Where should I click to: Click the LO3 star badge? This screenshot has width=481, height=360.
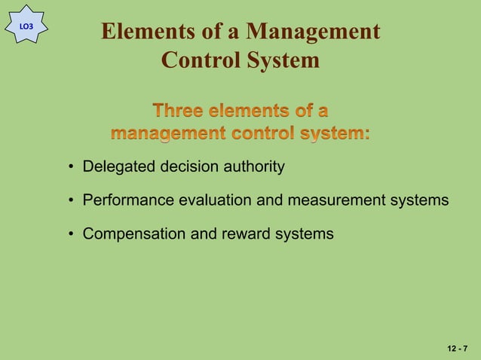coord(26,25)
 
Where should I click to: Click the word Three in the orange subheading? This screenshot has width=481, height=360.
coord(179,111)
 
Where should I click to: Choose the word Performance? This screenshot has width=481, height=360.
coord(128,200)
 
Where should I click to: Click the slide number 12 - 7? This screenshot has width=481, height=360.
coord(457,349)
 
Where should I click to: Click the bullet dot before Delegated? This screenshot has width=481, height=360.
coord(70,167)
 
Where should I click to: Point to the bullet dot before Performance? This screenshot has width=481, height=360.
coord(70,201)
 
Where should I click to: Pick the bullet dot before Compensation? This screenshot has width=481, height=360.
coord(70,235)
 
